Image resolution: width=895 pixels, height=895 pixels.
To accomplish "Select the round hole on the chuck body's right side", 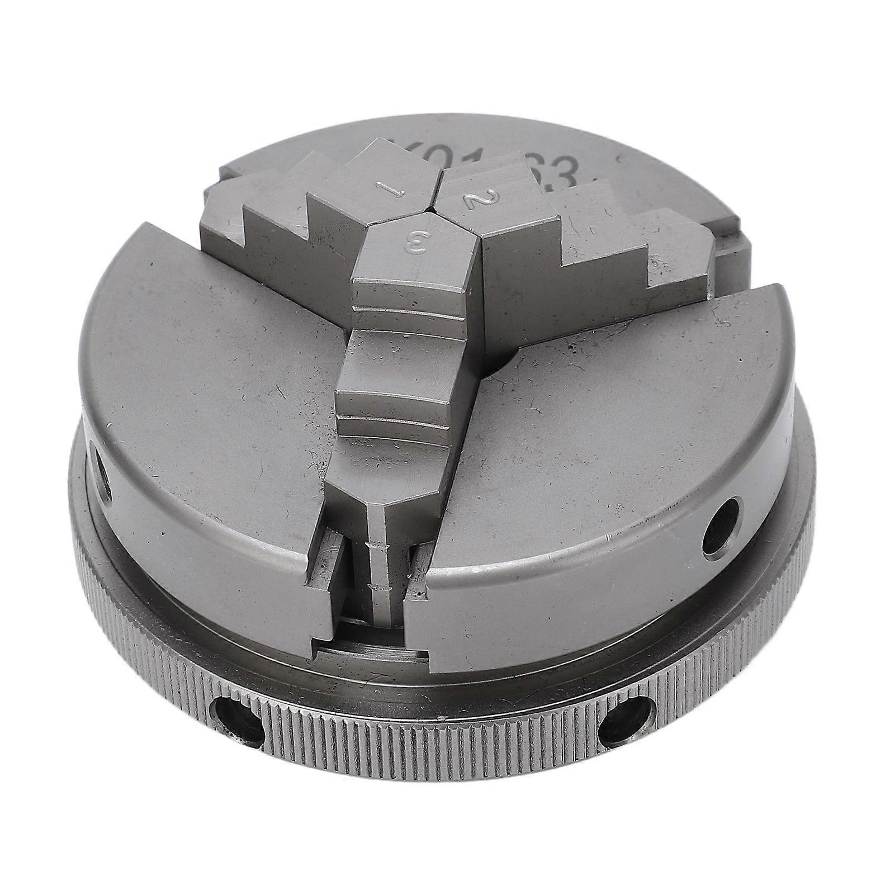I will [x=723, y=526].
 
